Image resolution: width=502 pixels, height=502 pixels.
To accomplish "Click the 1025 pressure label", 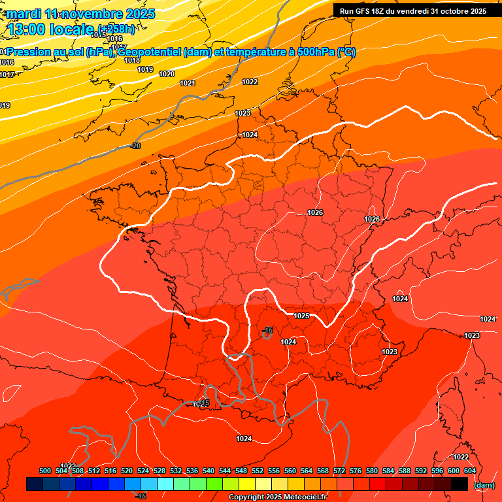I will tap(301, 316).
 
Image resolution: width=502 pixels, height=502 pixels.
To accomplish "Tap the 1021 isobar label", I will tap(188, 83).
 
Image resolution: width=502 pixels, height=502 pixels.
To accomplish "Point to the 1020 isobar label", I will tap(167, 74).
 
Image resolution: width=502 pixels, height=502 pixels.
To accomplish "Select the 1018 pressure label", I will tap(132, 60).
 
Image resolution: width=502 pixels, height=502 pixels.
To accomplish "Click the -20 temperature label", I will tap(135, 146).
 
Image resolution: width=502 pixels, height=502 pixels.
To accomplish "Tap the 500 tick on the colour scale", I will tap(45, 471).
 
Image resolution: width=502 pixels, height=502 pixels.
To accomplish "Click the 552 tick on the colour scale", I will tap(258, 471).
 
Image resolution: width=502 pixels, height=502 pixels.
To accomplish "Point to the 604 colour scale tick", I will tap(470, 471).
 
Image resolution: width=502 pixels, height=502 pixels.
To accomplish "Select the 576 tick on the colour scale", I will tap(356, 471).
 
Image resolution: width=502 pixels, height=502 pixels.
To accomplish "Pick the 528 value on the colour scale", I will tap(159, 471).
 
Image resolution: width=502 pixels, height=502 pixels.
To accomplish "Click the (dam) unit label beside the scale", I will tap(484, 485).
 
